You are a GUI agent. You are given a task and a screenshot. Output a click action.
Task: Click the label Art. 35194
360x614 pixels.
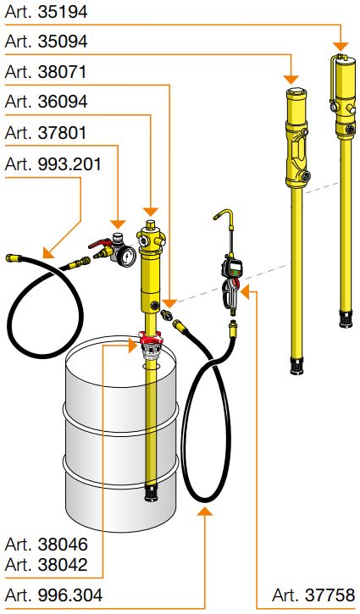tap(46, 12)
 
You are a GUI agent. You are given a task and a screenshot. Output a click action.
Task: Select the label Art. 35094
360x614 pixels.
tap(46, 41)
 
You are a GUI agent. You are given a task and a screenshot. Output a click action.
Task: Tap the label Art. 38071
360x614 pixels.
tap(46, 72)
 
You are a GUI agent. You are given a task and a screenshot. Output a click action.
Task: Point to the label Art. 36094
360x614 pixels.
tap(46, 102)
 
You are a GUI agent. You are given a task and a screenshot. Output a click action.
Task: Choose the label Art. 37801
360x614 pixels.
tap(46, 133)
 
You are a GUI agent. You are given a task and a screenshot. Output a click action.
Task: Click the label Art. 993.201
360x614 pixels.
tap(53, 163)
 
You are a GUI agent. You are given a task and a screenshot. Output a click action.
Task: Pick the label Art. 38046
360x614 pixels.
tap(46, 545)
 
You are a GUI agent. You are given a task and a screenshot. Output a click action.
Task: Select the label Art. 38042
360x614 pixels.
tap(46, 565)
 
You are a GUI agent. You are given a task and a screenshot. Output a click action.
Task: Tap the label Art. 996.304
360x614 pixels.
tap(53, 595)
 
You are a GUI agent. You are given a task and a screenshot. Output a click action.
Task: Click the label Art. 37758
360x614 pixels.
tap(313, 595)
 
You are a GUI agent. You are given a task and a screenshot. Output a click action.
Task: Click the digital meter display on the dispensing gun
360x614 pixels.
tap(235, 269)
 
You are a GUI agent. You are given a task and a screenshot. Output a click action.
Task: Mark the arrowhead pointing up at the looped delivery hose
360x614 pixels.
tap(204, 511)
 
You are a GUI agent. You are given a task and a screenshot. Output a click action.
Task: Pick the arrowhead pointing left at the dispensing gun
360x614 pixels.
tap(245, 291)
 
